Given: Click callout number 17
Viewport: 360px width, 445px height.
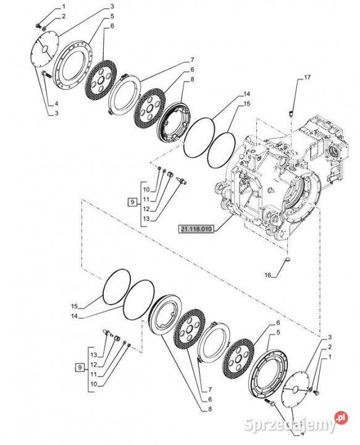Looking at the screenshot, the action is [x=308, y=77].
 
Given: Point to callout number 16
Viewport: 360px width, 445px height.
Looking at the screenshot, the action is [x=268, y=275].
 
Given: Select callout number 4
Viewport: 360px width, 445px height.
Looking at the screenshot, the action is [x=56, y=103].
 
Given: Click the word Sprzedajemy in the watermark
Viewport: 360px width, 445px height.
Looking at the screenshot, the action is [x=290, y=425].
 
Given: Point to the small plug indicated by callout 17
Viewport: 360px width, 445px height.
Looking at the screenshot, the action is [x=291, y=114].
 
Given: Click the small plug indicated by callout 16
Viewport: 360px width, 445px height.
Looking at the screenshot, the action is [x=288, y=258].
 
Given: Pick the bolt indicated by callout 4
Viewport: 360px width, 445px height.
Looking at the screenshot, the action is [x=46, y=74].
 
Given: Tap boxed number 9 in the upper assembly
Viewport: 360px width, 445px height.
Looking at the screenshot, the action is [x=132, y=202].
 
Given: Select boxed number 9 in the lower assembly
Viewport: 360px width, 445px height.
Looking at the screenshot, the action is [x=80, y=368].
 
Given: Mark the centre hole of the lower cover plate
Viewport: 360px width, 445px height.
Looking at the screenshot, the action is [x=295, y=389].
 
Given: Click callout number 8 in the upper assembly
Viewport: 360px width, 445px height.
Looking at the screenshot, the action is [x=192, y=80].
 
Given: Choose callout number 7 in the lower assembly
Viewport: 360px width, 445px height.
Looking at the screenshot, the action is [x=210, y=389].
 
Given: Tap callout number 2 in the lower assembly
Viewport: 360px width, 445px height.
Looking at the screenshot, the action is [x=330, y=347].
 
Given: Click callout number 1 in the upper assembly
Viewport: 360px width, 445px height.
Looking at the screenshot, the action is [x=64, y=6].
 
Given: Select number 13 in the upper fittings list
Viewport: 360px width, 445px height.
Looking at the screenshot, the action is [x=146, y=219].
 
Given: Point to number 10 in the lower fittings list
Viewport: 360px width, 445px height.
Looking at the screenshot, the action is [x=93, y=384].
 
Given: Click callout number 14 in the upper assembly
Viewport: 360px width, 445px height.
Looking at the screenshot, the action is [x=246, y=94].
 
